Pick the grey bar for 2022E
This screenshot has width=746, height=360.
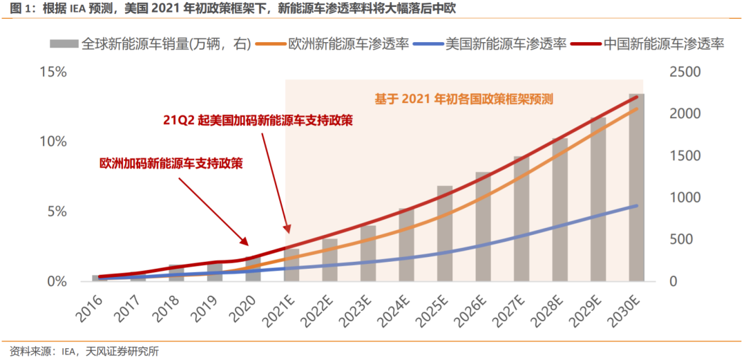click(x=330, y=260)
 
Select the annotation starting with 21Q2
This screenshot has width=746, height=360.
click(x=258, y=120)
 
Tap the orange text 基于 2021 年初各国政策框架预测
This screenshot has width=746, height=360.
click(x=464, y=98)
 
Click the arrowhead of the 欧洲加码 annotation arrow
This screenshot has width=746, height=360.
click(x=245, y=241)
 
